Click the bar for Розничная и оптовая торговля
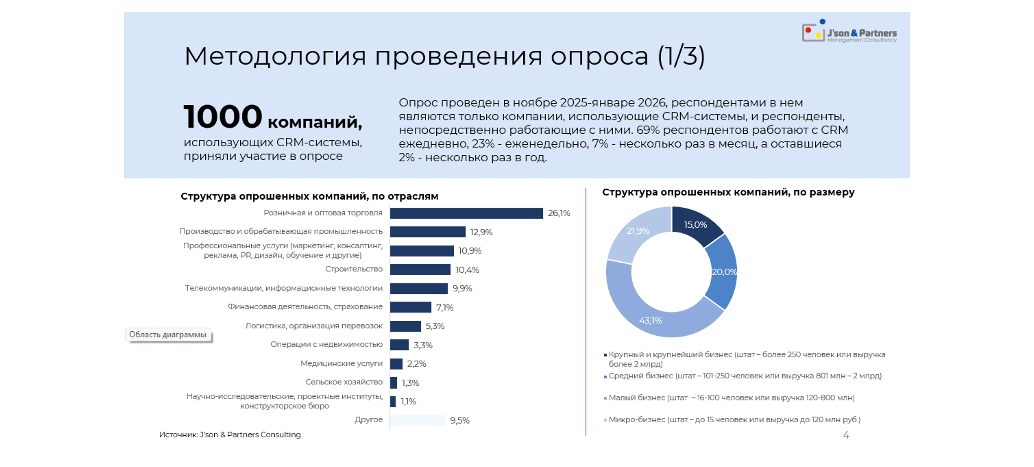click(466, 213)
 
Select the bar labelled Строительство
click(420, 269)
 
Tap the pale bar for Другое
click(417, 420)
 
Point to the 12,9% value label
click(481, 232)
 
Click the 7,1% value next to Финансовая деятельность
click(445, 307)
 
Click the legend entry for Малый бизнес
click(731, 398)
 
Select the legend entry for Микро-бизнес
click(734, 419)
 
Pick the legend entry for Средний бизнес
click(745, 376)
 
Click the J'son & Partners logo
click(849, 32)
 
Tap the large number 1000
click(223, 117)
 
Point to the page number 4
click(846, 435)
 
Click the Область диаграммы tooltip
click(168, 335)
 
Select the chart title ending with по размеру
click(728, 192)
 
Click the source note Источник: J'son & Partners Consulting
click(230, 435)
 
